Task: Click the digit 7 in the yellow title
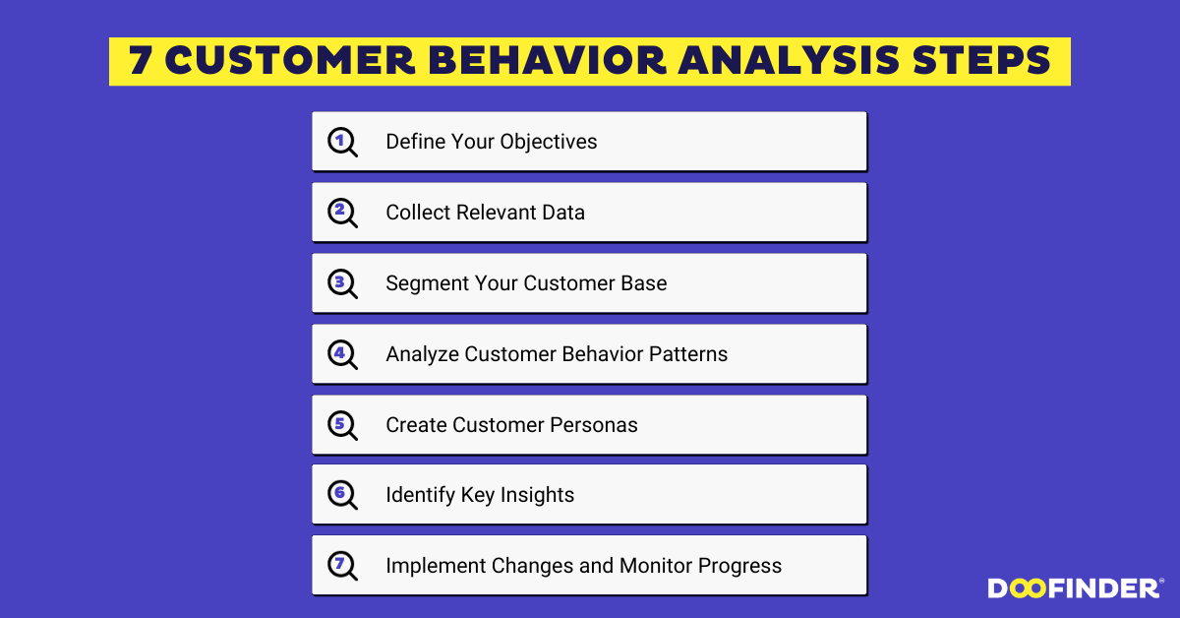(141, 60)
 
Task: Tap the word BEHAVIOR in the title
(548, 60)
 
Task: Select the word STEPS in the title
(981, 60)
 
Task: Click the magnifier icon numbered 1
(342, 142)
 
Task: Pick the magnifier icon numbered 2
(342, 213)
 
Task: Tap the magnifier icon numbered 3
(342, 283)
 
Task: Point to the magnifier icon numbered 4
(342, 354)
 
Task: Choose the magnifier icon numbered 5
(342, 425)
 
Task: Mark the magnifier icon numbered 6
(342, 495)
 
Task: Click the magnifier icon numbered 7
(342, 565)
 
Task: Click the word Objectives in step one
(549, 143)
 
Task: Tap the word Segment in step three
(427, 284)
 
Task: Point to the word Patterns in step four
(688, 354)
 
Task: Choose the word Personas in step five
(594, 425)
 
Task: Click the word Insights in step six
(537, 496)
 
